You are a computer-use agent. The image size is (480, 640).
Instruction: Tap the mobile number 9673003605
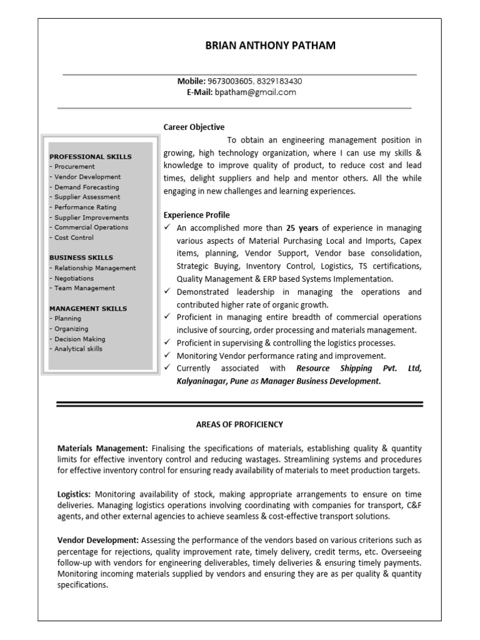tap(229, 81)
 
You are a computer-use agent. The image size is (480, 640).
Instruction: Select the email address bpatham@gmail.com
tap(256, 92)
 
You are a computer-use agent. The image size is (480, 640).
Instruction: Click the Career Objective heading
tap(194, 127)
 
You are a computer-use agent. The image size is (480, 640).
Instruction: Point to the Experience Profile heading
tap(196, 214)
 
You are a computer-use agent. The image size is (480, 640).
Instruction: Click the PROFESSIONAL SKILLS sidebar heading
tap(91, 156)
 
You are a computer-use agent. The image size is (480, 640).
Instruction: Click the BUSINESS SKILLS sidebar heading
tap(81, 257)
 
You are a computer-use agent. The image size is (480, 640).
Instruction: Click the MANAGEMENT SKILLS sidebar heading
tap(88, 308)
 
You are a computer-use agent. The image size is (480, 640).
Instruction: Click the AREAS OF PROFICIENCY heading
tap(239, 424)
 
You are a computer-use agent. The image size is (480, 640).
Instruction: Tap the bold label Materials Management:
tap(102, 448)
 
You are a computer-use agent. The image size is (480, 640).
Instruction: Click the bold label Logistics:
tap(74, 494)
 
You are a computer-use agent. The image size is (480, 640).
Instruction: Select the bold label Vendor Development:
tap(98, 539)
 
